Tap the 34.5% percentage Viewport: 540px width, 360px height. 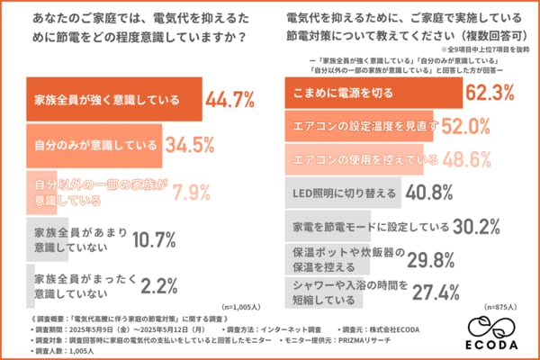click(x=191, y=144)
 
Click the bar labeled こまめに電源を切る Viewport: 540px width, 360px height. click(x=377, y=91)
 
